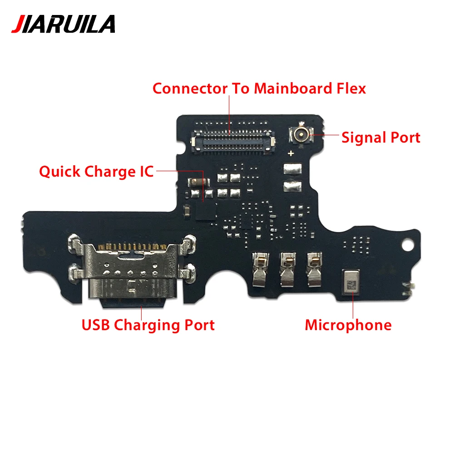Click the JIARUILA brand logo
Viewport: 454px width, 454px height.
tap(63, 24)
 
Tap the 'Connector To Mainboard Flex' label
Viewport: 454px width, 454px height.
tap(259, 88)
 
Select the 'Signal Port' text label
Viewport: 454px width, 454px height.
tap(380, 137)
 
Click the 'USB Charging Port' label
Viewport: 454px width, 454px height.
tap(148, 325)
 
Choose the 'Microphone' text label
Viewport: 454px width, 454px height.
tap(348, 325)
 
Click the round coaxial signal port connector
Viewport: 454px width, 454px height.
tap(299, 134)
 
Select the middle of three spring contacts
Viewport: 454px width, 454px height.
tap(287, 269)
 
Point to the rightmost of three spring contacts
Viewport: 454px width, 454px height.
tap(313, 269)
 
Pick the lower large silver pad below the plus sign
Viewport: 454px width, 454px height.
tap(291, 185)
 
